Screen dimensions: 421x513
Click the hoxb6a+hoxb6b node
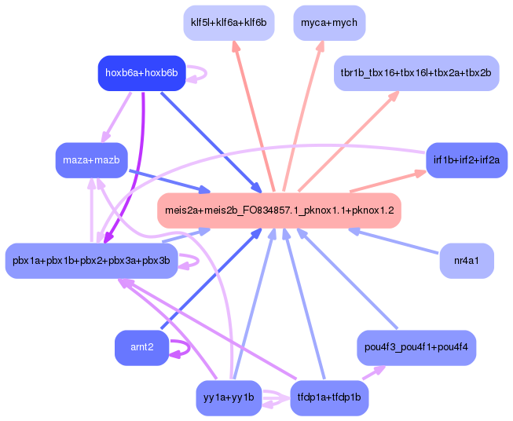click(141, 73)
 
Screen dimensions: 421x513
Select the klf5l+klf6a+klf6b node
click(228, 23)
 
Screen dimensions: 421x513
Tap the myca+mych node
click(329, 23)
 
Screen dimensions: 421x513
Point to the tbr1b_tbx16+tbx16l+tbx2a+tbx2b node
click(416, 73)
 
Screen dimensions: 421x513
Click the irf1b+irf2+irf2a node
click(466, 160)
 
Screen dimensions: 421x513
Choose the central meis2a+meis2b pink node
click(279, 210)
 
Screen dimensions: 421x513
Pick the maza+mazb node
click(91, 160)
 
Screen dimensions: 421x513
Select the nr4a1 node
click(467, 260)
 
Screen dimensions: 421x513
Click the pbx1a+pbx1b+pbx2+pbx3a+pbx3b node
click(91, 261)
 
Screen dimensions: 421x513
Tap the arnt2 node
click(141, 348)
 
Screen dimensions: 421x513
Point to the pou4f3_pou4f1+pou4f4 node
click(416, 346)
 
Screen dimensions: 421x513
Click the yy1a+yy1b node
click(228, 397)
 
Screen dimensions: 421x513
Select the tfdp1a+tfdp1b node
click(329, 397)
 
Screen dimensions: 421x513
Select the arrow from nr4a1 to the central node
click(393, 241)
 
